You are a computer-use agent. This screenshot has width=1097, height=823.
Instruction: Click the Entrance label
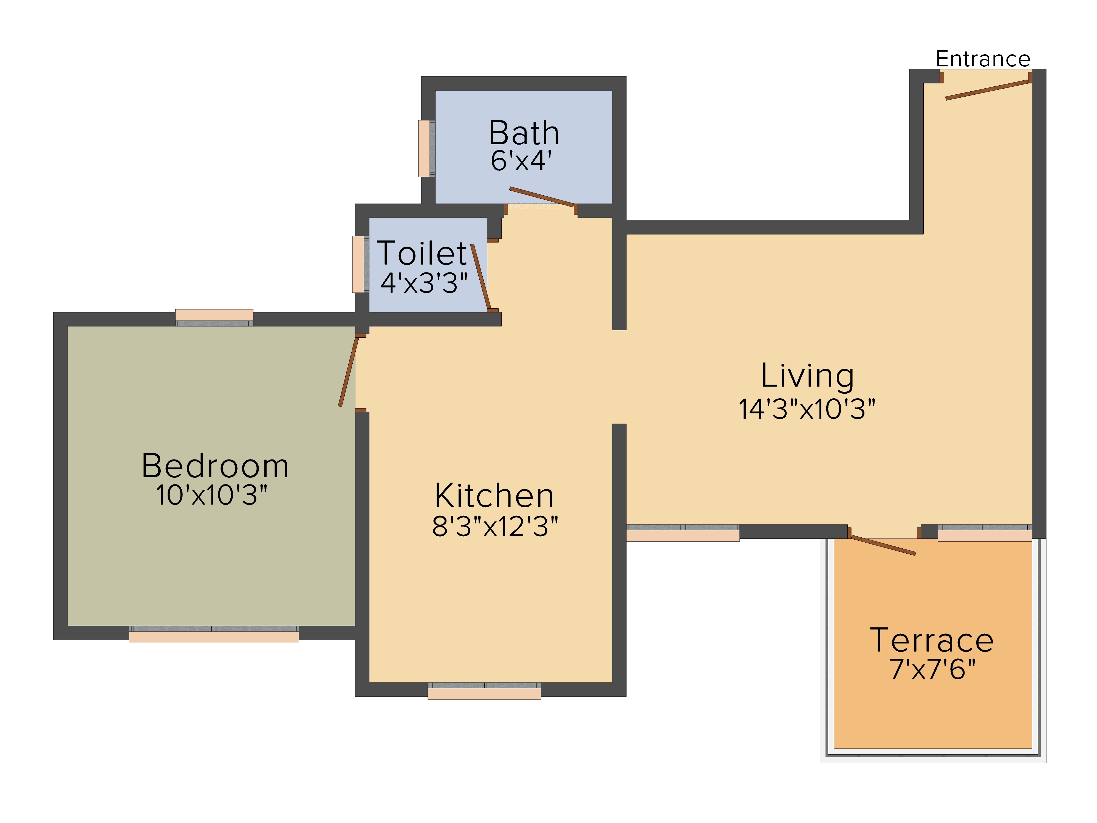point(983,59)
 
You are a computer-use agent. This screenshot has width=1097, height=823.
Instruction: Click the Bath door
point(542,196)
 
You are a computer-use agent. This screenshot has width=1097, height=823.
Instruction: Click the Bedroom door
point(348,371)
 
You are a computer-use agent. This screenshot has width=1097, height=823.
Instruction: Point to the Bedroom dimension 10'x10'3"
point(212,495)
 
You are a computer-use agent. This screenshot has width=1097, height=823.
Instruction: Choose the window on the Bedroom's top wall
point(214,317)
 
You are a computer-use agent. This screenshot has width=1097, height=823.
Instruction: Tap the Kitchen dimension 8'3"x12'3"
point(495,526)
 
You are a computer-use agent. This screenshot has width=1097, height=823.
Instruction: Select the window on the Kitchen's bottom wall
point(485,691)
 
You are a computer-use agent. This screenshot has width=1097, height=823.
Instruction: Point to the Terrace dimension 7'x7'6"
point(932,669)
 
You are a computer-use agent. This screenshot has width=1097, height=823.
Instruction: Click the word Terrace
point(932,641)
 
